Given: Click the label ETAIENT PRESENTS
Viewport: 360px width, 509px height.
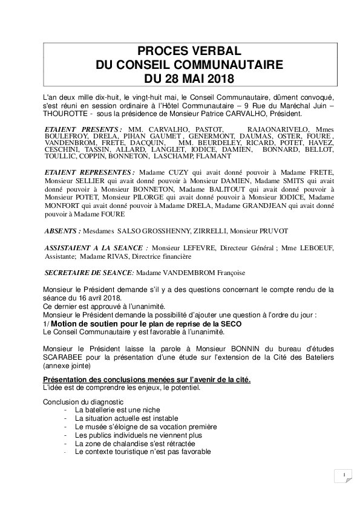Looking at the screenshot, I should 83,129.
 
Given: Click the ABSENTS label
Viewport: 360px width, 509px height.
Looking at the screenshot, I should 64,230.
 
